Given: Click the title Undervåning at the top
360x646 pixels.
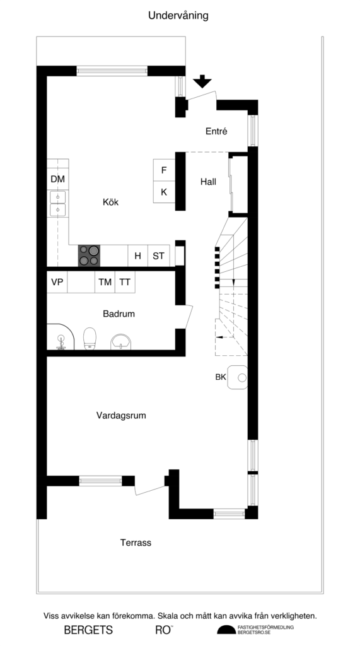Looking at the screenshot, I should click(178, 15).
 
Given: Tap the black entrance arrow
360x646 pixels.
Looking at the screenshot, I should click(202, 81).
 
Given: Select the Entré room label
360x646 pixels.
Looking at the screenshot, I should click(216, 131).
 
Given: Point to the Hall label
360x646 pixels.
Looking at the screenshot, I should click(208, 182).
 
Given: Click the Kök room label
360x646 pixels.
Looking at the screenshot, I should click(111, 203).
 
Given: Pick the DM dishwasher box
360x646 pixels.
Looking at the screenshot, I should click(57, 180).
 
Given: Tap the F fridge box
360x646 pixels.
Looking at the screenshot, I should click(164, 170).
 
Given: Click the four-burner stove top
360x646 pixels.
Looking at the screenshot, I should click(89, 255).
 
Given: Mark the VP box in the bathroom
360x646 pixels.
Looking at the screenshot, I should click(57, 283).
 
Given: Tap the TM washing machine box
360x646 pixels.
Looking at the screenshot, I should click(105, 283).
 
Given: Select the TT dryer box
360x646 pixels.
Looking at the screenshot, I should click(125, 283).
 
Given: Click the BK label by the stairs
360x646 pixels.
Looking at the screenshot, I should click(221, 377).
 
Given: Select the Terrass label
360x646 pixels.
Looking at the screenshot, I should click(136, 543).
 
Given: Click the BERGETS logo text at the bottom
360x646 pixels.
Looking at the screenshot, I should click(88, 630).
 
